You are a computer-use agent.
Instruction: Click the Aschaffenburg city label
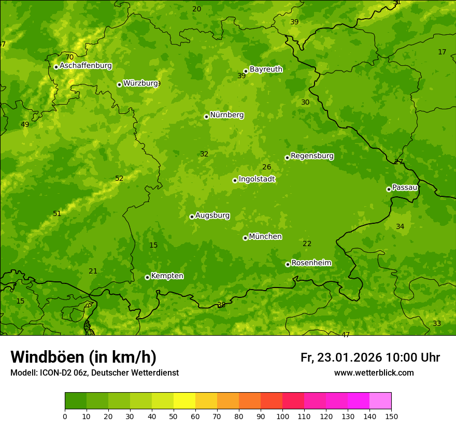tap(85, 66)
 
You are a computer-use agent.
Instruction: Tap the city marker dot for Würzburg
tap(119, 84)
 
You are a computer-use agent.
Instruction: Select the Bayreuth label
tap(266, 69)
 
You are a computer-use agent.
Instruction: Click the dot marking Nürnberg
tap(206, 117)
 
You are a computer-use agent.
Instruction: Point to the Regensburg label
tap(312, 155)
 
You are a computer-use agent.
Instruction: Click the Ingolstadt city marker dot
tap(235, 180)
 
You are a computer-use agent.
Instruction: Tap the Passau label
tap(405, 187)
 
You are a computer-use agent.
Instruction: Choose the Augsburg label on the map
tap(212, 215)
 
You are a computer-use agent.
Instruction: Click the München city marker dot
tap(245, 238)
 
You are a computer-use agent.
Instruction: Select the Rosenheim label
tap(311, 263)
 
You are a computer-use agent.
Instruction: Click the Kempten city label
tap(167, 276)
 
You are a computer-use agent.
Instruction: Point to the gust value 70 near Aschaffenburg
tap(69, 57)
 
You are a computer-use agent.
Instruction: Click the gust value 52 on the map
tap(119, 178)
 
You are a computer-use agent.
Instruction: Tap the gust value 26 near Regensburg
tap(266, 167)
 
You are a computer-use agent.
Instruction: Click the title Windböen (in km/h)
tap(83, 357)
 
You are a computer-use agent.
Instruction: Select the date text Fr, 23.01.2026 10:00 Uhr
tap(370, 357)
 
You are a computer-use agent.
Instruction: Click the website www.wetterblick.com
tap(374, 372)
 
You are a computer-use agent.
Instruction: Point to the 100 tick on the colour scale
tap(282, 416)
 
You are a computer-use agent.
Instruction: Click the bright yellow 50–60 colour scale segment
tap(184, 401)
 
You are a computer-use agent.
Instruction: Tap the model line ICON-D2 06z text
tap(94, 372)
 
